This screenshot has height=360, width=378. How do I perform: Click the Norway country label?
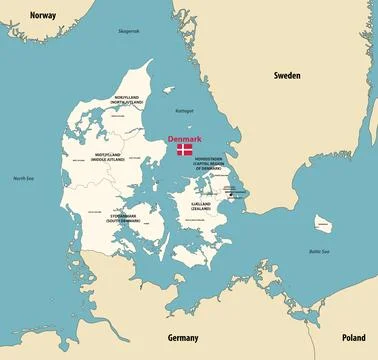(x=43, y=16)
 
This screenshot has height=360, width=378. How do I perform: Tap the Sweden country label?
(x=289, y=75)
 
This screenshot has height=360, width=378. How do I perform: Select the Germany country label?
(x=183, y=338)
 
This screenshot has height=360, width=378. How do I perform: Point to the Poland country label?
(x=353, y=338)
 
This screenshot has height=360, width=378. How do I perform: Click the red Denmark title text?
(x=185, y=138)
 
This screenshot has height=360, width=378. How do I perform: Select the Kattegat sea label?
(x=184, y=111)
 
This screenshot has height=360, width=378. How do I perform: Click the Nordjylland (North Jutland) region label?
(x=129, y=99)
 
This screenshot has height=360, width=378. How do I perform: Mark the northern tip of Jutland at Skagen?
(x=152, y=61)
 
